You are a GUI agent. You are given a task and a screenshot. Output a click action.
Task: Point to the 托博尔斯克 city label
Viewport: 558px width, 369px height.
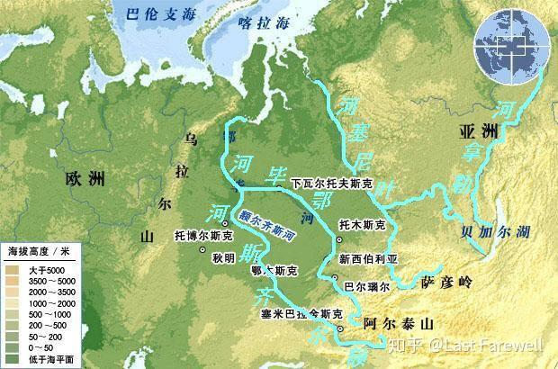pos(203,238)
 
